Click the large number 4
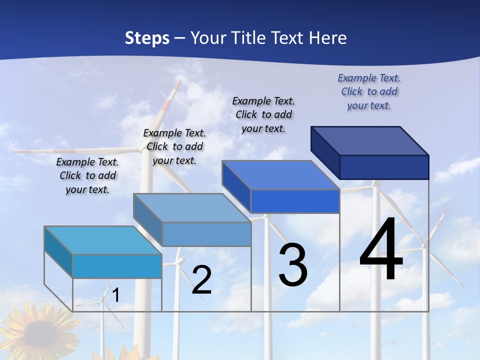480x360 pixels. [x=381, y=250]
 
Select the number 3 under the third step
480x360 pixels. [x=293, y=265]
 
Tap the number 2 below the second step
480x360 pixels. [x=201, y=280]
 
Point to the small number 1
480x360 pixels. [x=115, y=295]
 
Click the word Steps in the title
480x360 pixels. [x=147, y=38]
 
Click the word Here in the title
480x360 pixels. [x=328, y=38]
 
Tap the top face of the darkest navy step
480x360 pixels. [x=370, y=140]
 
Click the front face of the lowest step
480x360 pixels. [x=117, y=266]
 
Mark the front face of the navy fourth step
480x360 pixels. [x=384, y=167]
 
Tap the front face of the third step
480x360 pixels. [x=295, y=201]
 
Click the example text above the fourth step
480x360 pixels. [x=369, y=91]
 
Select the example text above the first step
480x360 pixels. [x=87, y=175]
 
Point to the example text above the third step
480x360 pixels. [x=263, y=114]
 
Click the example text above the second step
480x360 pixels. [x=174, y=146]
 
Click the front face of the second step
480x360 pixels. [x=206, y=234]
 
